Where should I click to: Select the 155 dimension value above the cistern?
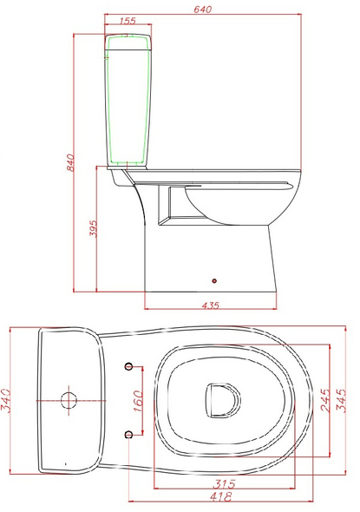128,20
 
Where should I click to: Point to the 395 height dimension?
93,228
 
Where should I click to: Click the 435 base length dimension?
210,305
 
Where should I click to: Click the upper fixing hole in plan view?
129,365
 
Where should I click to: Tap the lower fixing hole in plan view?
129,434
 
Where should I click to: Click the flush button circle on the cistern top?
69,400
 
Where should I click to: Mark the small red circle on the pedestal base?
214,280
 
